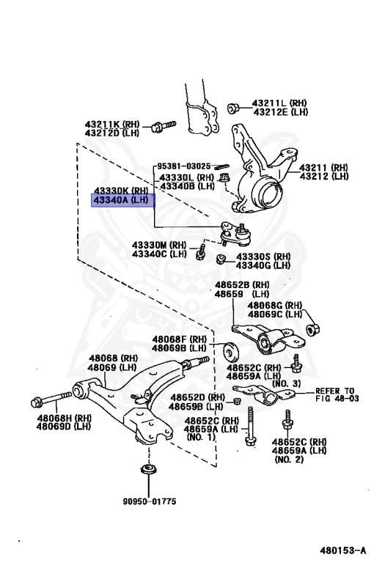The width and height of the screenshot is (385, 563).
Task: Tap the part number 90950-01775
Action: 150,501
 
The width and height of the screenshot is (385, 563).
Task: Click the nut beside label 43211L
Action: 234,108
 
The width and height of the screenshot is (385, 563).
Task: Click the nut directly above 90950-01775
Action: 147,468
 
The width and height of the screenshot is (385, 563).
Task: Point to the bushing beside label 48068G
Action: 311,327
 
